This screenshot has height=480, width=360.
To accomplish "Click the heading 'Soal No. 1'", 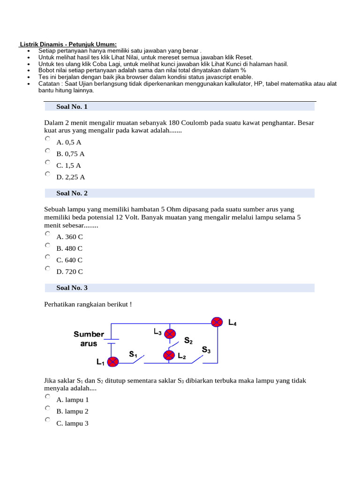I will pyautogui.click(x=72, y=106).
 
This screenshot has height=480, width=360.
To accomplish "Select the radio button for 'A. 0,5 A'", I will pyautogui.click(x=48, y=139).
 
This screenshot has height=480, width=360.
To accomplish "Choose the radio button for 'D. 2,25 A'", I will pyautogui.click(x=48, y=174).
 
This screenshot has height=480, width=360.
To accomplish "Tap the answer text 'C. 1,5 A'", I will pyautogui.click(x=69, y=165).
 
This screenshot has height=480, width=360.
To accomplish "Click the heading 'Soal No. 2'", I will pyautogui.click(x=72, y=193).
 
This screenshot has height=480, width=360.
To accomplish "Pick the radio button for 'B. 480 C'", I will pyautogui.click(x=48, y=245).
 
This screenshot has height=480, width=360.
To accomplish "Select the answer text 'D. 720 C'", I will pyautogui.click(x=70, y=271).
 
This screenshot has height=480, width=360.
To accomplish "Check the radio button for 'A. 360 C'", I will pyautogui.click(x=48, y=233).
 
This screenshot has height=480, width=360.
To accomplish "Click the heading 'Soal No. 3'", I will pyautogui.click(x=72, y=288).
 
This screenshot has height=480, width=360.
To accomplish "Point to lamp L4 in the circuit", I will pyautogui.click(x=217, y=322).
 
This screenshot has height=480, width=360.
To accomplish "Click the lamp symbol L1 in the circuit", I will pyautogui.click(x=112, y=362).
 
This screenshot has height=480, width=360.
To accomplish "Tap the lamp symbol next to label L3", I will pyautogui.click(x=170, y=334).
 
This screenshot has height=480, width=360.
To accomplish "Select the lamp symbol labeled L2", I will pyautogui.click(x=169, y=355).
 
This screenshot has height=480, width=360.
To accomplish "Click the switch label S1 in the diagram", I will pyautogui.click(x=133, y=355).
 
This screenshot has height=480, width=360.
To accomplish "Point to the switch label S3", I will pyautogui.click(x=207, y=350).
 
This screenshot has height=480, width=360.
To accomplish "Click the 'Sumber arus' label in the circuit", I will pyautogui.click(x=89, y=339).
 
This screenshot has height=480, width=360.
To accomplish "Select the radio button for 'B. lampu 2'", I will pyautogui.click(x=48, y=408).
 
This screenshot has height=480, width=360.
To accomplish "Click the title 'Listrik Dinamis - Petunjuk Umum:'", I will pyautogui.click(x=68, y=44).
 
